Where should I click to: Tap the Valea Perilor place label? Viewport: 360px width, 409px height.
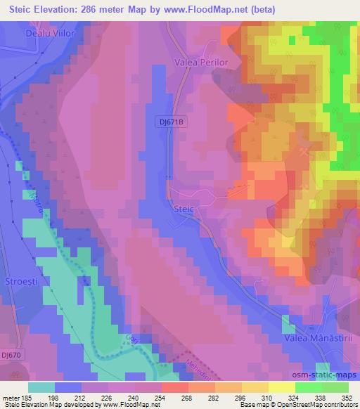point(201,63)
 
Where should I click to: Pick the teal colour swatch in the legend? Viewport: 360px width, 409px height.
point(41,387)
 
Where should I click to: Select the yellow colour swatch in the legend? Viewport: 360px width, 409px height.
point(282,387)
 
